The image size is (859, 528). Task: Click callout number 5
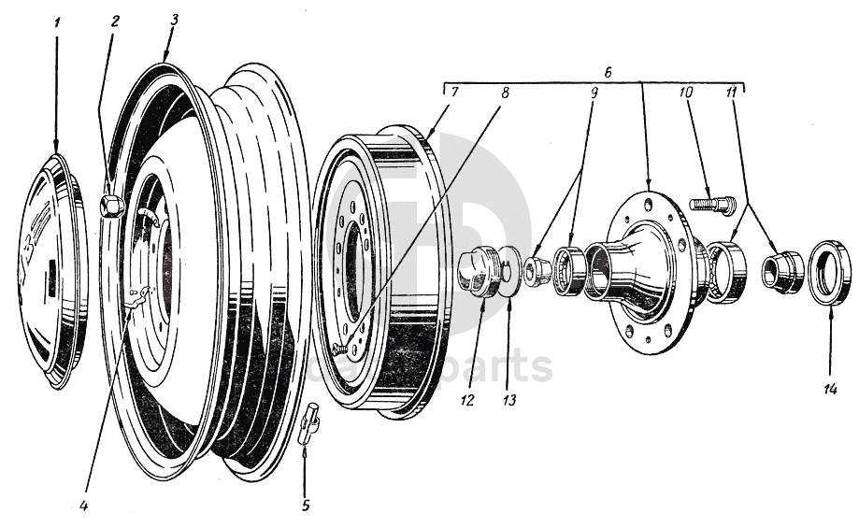point(305,506)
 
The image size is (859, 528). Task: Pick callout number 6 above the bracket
point(608,70)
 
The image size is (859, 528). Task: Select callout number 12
point(467,401)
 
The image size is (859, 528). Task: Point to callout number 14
point(830,389)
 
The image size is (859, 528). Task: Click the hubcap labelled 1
point(54,271)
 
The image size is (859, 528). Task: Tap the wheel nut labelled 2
point(111,205)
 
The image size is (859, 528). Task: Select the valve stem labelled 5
point(308,424)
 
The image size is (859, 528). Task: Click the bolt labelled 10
point(712,202)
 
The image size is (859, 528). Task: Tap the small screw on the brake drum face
point(340,350)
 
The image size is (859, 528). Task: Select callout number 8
point(505,93)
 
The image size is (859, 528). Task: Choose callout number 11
point(732,93)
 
